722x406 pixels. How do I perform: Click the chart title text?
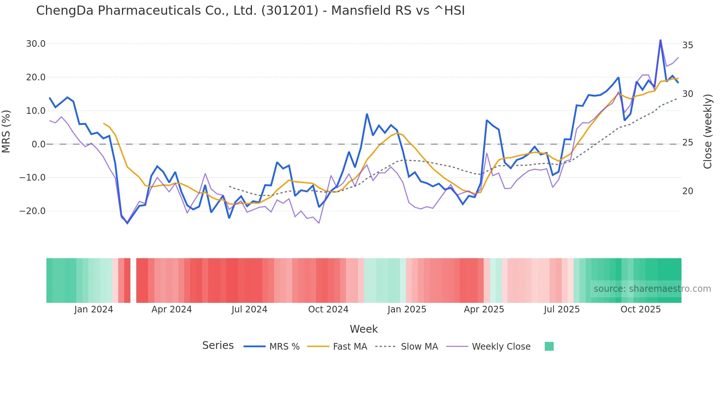[x=250, y=11]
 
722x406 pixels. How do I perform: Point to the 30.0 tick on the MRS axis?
[x=36, y=44]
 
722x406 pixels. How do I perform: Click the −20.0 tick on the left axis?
[x=33, y=211]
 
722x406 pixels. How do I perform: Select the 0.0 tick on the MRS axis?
[x=39, y=144]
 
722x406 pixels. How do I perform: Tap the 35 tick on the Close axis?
[x=688, y=45]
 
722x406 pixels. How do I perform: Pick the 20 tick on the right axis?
[x=688, y=191]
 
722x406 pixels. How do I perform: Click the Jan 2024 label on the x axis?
[x=94, y=309]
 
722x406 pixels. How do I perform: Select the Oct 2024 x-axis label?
[x=328, y=309]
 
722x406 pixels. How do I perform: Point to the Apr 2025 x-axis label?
[x=484, y=309]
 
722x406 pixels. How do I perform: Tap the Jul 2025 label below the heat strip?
[x=562, y=309]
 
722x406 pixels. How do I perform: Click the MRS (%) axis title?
[x=6, y=131]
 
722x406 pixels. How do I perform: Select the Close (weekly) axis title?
[x=708, y=132]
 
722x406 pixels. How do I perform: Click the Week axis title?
[x=364, y=329]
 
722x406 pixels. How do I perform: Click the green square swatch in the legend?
[x=549, y=346]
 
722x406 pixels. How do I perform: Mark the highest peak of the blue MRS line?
[x=660, y=40]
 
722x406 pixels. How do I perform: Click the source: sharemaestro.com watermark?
[x=652, y=289]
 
